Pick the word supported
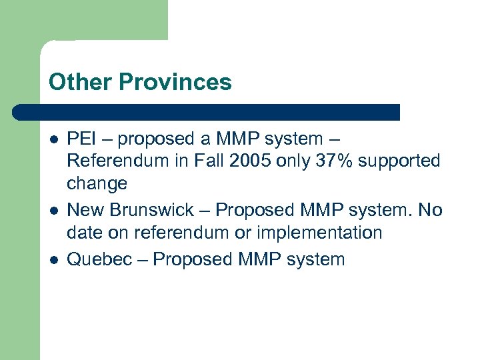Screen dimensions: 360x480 pyautogui.click(x=403, y=161)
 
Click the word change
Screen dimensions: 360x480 pyautogui.click(x=97, y=183)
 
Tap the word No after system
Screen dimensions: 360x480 pyautogui.click(x=430, y=210)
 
